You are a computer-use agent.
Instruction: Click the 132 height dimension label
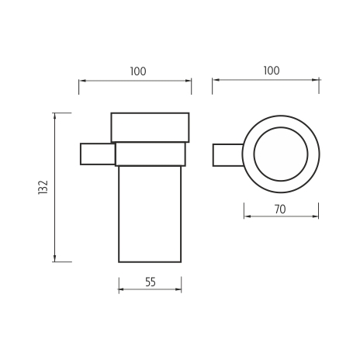click(x=43, y=187)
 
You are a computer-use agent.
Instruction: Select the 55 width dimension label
click(x=151, y=282)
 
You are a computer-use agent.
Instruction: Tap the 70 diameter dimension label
click(x=280, y=209)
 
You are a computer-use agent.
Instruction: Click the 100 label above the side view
click(x=138, y=71)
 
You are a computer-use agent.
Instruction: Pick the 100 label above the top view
click(x=272, y=71)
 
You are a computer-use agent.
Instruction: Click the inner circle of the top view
click(x=281, y=127)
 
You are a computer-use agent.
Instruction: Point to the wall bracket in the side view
click(x=98, y=154)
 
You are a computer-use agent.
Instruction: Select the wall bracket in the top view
click(x=228, y=155)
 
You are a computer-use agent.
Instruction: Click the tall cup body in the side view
click(x=150, y=214)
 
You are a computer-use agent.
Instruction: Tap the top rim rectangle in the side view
click(x=150, y=127)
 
